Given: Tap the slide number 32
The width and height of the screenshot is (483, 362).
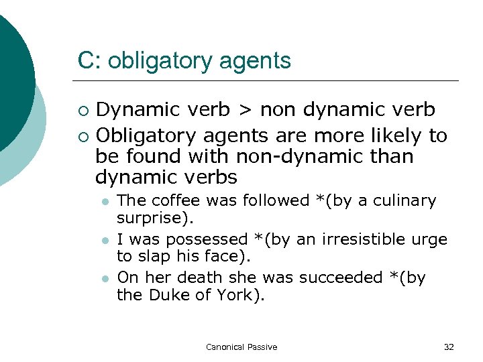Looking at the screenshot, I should pos(449,347).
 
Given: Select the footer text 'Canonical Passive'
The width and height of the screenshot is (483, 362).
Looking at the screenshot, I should pos(241,347).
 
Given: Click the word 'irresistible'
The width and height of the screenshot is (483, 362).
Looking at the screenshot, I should pos(360,239).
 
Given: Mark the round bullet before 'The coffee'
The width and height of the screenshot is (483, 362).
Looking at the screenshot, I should pos(105,201).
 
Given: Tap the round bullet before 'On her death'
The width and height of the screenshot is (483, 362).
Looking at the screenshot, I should pos(105,278).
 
